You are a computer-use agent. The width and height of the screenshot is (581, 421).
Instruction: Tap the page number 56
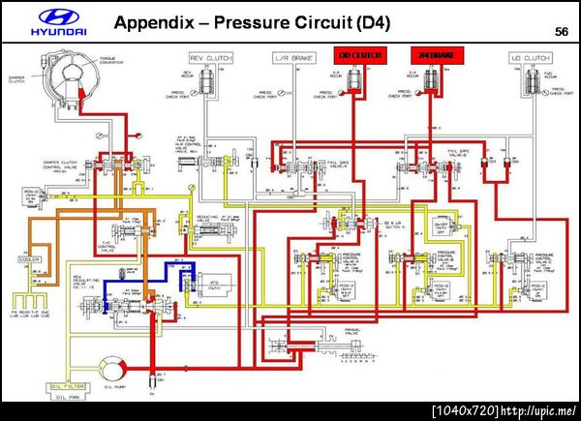click(x=562, y=32)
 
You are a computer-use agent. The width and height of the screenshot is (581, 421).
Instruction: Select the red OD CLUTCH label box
click(x=357, y=56)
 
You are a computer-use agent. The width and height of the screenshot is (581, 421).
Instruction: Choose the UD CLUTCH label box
click(x=529, y=58)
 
